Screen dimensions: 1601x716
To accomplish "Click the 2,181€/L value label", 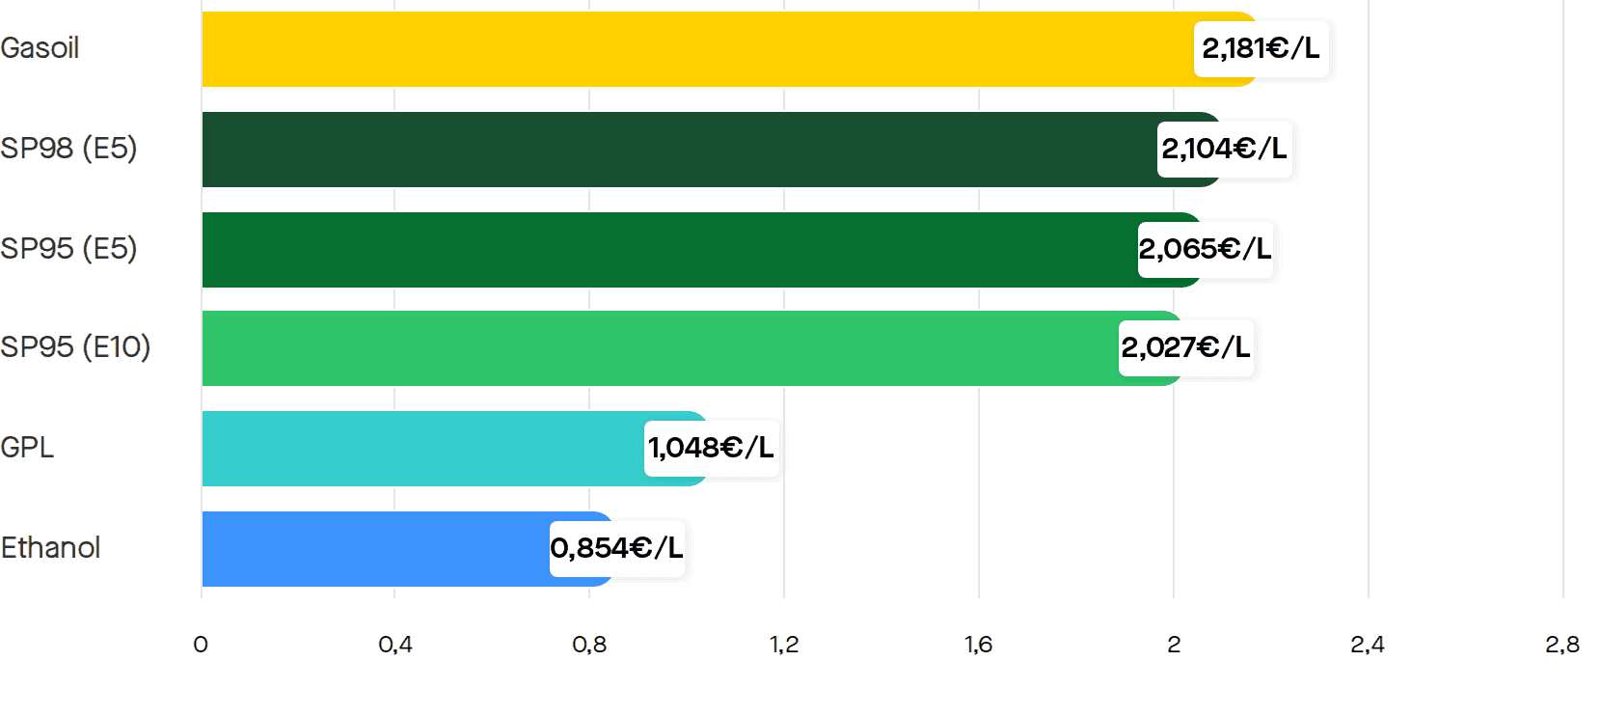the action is tap(1261, 48).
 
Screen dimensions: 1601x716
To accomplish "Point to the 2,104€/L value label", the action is tap(1224, 149).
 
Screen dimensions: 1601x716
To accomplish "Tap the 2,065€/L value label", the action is tap(1205, 249).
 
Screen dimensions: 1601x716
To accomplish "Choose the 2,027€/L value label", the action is tap(1185, 347).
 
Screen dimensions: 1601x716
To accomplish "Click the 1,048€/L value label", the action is tap(711, 448).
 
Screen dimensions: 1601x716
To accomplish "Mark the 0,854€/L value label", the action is tap(617, 548).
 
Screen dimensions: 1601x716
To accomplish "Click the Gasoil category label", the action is tap(40, 48).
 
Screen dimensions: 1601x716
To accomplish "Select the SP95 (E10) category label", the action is tap(75, 347).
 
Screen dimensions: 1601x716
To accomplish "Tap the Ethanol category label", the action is tap(50, 548).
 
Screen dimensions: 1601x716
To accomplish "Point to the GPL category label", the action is tap(27, 448).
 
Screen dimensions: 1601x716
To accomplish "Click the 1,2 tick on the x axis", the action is tap(784, 646).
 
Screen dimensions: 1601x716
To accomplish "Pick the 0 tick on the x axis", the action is tap(201, 646).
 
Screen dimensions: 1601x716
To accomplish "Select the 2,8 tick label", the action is tap(1562, 646).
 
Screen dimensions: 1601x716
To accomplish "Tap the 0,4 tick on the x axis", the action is tap(395, 646).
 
